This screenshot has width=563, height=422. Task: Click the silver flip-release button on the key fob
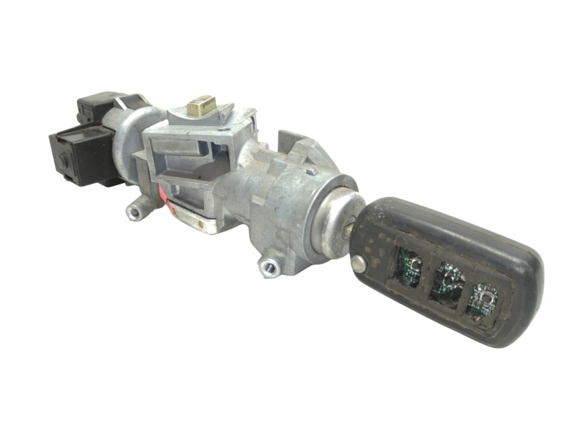tap(359, 263)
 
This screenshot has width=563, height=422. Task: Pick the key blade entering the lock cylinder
tap(350, 229)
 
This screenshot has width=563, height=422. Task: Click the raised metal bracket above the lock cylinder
tap(299, 151)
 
